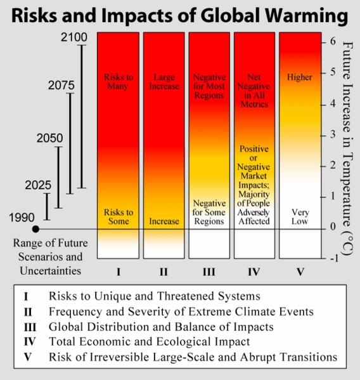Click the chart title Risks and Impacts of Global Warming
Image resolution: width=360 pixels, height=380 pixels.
pyautogui.click(x=180, y=14)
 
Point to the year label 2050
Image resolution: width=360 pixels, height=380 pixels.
pyautogui.click(x=49, y=138)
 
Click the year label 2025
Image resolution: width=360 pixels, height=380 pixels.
pyautogui.click(x=38, y=186)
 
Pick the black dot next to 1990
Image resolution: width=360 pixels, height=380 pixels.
pyautogui.click(x=36, y=228)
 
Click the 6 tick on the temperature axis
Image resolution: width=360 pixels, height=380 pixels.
pyautogui.click(x=333, y=41)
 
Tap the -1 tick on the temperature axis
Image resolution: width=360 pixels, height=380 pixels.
pyautogui.click(x=331, y=258)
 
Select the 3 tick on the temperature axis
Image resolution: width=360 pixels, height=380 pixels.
pyautogui.click(x=333, y=134)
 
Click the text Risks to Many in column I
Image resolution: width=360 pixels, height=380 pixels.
pyautogui.click(x=119, y=82)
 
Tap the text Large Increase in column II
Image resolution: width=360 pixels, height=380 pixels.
pyautogui.click(x=163, y=82)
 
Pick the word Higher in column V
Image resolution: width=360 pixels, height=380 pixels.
pyautogui.click(x=300, y=77)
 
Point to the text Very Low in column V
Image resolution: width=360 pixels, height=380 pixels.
pyautogui.click(x=300, y=217)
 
